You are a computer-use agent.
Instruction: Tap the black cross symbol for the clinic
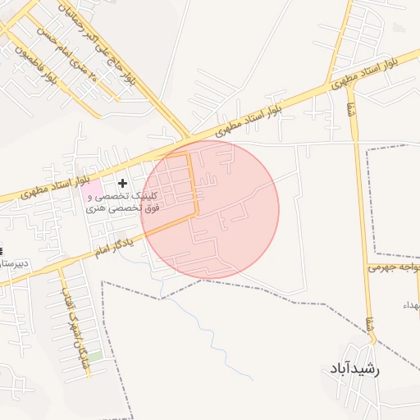click(123, 183)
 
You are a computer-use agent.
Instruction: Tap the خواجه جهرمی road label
click(394, 267)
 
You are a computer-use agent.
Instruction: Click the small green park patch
click(96, 357)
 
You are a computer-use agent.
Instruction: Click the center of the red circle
click(210, 209)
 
